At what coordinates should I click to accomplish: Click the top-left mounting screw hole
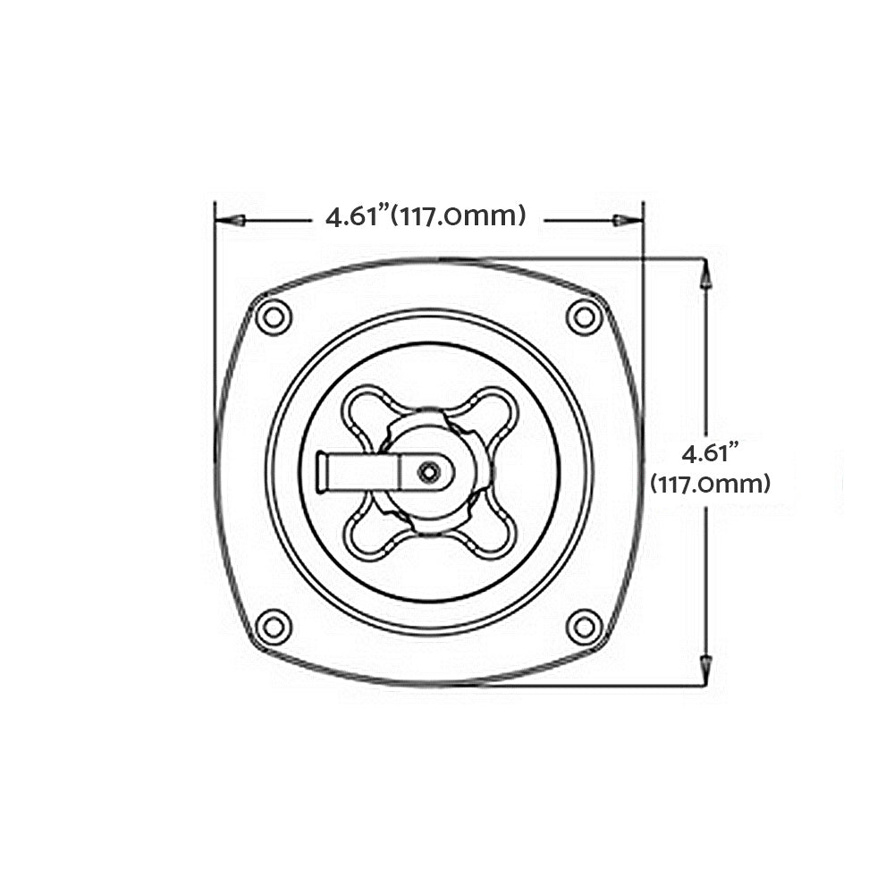point(273,316)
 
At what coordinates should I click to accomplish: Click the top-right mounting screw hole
point(585,316)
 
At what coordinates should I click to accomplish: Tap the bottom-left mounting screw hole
point(273,627)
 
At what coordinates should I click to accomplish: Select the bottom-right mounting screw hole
point(585,627)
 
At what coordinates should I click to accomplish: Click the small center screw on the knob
point(430,471)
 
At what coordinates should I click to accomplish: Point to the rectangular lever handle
point(358,471)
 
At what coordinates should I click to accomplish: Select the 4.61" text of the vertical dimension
point(706,452)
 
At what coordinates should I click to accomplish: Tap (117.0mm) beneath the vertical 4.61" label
point(710,485)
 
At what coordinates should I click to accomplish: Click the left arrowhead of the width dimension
point(232,220)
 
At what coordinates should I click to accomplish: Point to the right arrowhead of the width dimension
point(623,220)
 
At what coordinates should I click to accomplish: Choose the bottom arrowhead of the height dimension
point(705,666)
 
